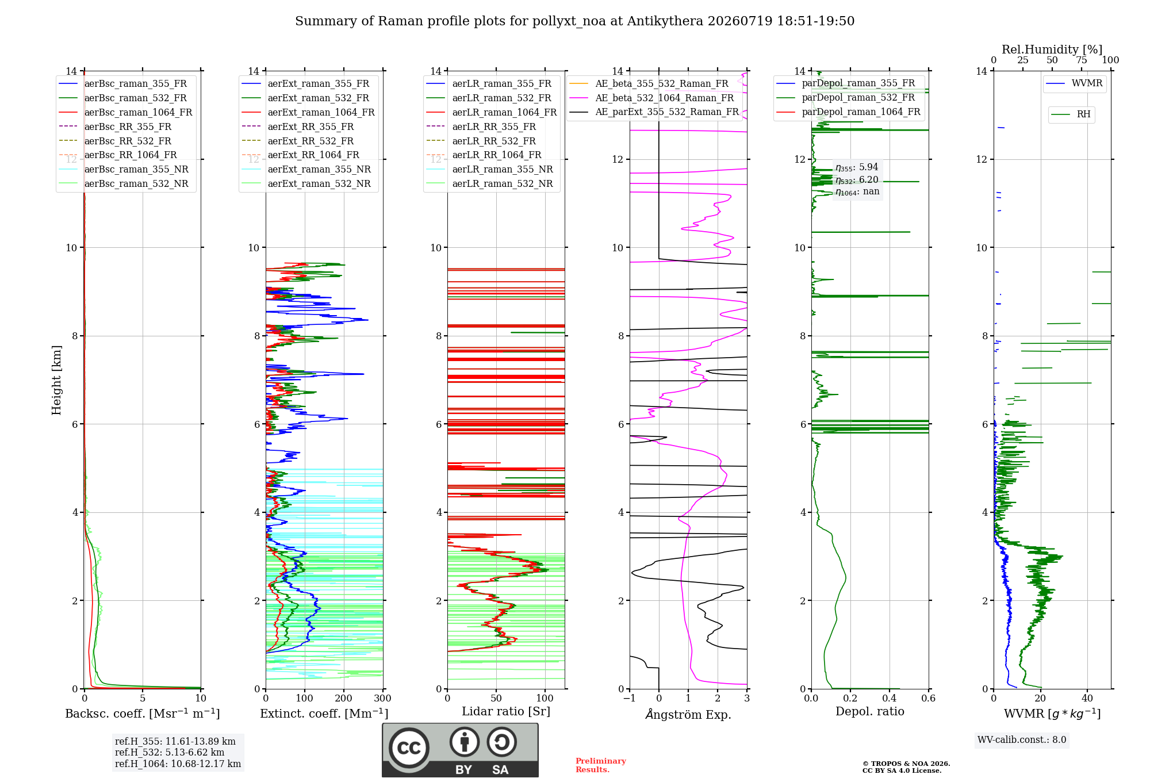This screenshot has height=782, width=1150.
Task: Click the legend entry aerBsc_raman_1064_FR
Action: (125, 113)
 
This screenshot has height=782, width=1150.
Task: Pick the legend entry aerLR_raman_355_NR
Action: (489, 170)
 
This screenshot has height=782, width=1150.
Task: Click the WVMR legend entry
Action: (1074, 83)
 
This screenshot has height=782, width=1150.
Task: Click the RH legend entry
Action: (1071, 114)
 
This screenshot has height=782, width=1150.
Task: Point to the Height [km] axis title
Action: (56, 380)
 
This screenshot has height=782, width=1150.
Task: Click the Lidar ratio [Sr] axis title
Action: (506, 711)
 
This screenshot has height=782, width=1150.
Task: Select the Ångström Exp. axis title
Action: (688, 714)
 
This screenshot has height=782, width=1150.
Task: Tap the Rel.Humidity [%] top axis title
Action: (1052, 49)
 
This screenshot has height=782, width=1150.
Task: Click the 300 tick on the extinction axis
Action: (383, 698)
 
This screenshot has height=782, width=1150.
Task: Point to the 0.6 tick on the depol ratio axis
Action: (929, 698)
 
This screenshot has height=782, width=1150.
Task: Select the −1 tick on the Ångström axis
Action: (630, 698)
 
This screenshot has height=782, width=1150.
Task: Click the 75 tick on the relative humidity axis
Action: (1082, 60)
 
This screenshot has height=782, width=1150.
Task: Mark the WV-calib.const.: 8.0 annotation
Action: (1022, 740)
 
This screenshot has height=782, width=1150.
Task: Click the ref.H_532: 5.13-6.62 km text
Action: (170, 753)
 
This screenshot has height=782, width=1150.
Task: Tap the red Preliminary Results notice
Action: (601, 765)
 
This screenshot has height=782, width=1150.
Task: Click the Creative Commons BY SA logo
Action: (460, 750)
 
